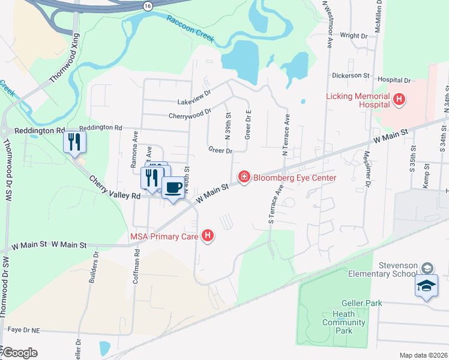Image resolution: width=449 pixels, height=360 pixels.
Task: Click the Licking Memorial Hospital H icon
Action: (x=397, y=100)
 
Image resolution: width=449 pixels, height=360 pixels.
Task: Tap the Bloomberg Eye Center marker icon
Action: (x=244, y=176)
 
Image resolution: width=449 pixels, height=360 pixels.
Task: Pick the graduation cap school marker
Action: (x=426, y=286)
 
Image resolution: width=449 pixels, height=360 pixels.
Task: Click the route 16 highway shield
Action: (x=148, y=5)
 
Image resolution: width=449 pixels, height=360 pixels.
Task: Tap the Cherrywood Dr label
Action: (x=190, y=112)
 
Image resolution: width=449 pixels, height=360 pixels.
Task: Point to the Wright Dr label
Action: (x=353, y=36)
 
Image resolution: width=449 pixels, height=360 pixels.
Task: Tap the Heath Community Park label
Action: (x=343, y=322)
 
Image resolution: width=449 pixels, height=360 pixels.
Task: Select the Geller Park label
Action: (x=361, y=304)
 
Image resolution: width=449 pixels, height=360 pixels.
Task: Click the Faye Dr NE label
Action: (x=23, y=329)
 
